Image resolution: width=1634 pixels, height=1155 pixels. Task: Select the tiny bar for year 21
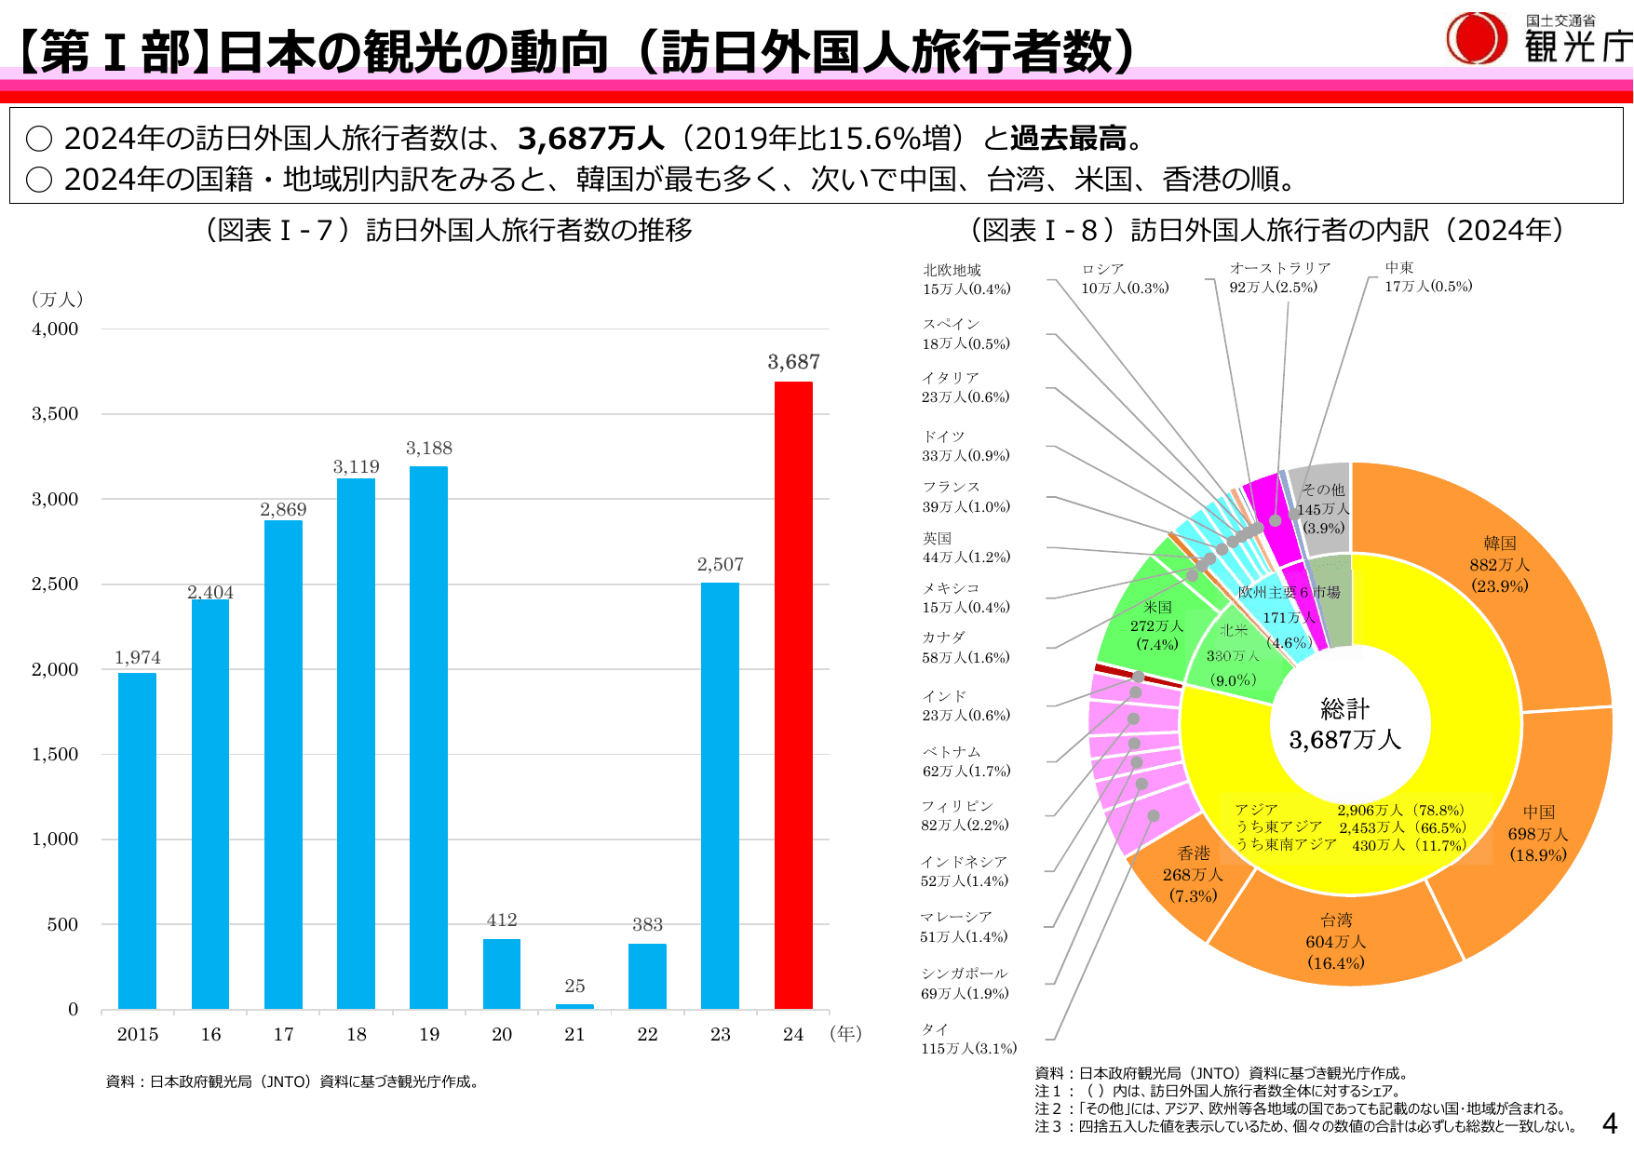[574, 1006]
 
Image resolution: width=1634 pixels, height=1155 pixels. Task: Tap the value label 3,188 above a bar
[428, 449]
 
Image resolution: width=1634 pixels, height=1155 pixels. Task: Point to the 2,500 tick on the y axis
[55, 584]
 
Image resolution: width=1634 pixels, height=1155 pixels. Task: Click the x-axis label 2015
[137, 1034]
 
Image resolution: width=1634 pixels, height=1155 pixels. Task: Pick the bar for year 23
[720, 796]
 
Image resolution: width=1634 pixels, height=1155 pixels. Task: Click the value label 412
[501, 920]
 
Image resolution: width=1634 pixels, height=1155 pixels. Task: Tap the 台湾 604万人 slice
[1335, 941]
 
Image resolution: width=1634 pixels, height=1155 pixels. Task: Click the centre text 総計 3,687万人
[1344, 725]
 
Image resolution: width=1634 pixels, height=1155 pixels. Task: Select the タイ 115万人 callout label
[968, 1039]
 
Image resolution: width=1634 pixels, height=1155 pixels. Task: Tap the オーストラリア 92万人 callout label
[1279, 277]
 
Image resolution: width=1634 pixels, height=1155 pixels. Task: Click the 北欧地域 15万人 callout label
[966, 279]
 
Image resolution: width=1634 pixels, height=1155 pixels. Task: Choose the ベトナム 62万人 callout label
[966, 761]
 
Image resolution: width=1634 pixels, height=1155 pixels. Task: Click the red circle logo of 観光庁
[1477, 39]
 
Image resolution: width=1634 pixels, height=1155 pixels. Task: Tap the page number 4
[1609, 1123]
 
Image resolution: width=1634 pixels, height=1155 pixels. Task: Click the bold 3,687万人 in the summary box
[590, 139]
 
